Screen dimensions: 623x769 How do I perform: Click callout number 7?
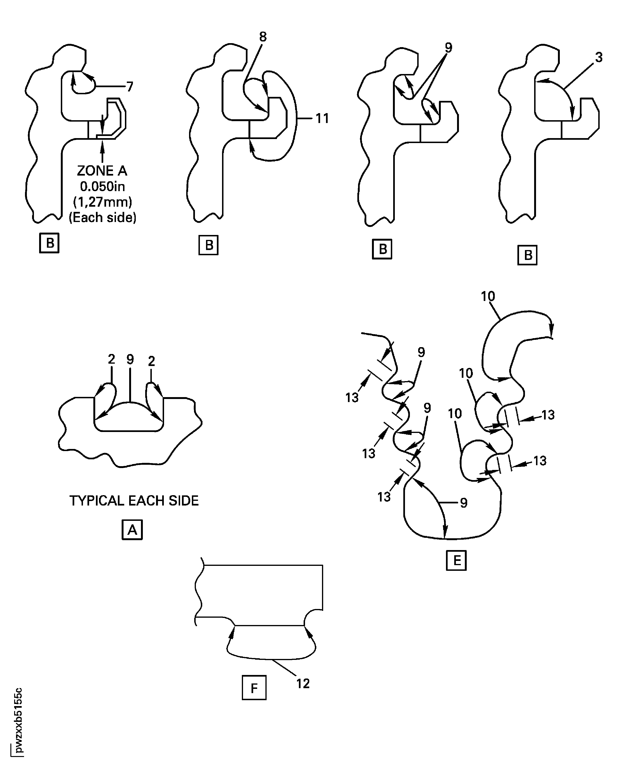pos(130,86)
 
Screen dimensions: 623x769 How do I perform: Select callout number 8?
pos(263,37)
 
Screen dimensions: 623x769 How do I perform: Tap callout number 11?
pos(322,118)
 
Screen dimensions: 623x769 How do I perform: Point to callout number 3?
pos(598,58)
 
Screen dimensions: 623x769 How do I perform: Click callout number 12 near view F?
pos(303,684)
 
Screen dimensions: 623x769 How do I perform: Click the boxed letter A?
pos(132,529)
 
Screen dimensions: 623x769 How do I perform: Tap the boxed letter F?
pos(254,688)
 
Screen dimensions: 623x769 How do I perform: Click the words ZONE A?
pos(102,171)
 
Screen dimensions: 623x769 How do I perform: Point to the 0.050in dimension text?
pos(102,187)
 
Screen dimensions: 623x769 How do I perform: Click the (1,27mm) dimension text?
pos(103,202)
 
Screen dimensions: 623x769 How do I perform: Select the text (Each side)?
pos(103,218)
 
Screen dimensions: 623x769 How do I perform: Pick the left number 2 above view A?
pos(111,359)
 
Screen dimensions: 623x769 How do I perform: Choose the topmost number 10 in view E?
pos(488,296)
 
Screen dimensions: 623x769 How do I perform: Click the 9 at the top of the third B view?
pos(449,47)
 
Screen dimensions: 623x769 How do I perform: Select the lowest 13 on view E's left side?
pos(384,497)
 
